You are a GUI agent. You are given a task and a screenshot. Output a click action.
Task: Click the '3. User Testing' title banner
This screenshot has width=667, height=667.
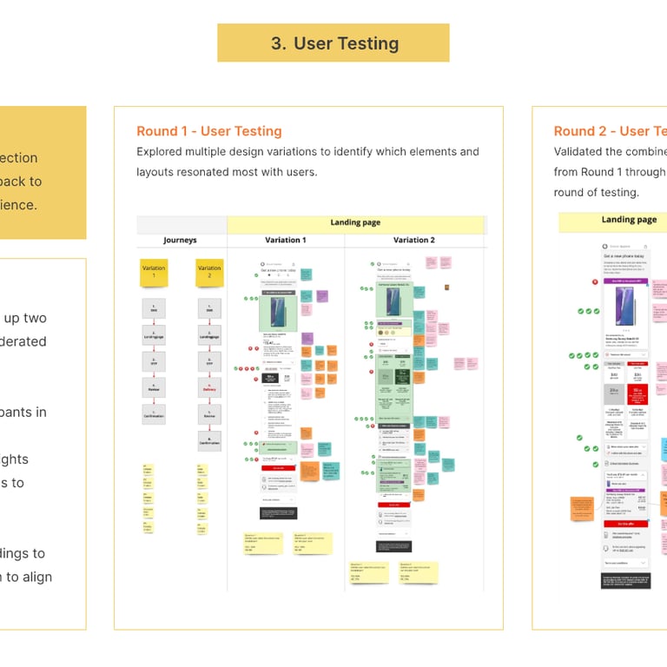point(333,43)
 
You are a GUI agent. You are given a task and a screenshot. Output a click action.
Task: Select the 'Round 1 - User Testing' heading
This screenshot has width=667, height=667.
point(209,131)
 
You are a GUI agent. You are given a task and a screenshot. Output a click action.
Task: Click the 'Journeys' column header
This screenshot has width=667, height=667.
point(180,241)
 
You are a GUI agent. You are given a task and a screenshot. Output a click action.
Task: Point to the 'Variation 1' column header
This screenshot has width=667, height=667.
point(285,241)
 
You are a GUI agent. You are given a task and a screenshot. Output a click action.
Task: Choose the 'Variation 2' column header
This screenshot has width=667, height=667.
point(413,241)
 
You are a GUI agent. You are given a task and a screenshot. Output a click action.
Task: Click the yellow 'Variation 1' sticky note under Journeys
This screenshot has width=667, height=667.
point(154,272)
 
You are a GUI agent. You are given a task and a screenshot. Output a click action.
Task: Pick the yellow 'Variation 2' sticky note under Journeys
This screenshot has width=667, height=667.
point(209,272)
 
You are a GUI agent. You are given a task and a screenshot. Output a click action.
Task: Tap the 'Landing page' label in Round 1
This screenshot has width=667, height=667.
point(355,223)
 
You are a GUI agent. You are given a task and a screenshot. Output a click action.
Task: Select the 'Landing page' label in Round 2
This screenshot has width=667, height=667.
point(629,220)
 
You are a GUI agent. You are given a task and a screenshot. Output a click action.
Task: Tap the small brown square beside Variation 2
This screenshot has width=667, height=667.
point(446,287)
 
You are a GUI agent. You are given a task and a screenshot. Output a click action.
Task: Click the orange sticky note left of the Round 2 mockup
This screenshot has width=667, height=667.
point(581,509)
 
